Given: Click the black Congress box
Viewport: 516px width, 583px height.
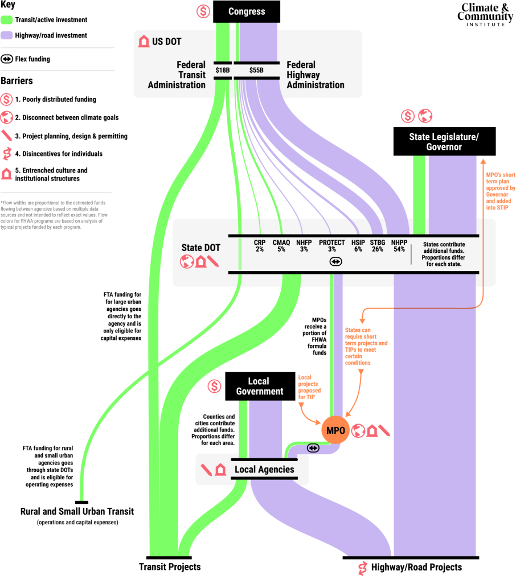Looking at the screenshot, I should pos(247,11).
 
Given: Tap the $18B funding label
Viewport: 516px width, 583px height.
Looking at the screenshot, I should pos(222,70).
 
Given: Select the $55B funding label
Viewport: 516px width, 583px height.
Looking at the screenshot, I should pos(256,70).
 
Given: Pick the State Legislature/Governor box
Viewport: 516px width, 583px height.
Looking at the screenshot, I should pos(444,141).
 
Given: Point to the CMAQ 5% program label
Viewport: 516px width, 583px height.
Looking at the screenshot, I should pos(281,246).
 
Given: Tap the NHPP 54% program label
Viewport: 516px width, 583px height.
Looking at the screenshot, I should pos(399,246).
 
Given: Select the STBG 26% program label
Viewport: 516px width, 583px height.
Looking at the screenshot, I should pos(378,246).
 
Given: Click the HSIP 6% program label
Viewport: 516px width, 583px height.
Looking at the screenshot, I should pos(358,246).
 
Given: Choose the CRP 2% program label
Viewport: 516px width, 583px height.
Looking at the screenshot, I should pos(260,246).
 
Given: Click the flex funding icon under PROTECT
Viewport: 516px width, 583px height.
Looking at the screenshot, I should pos(335,261).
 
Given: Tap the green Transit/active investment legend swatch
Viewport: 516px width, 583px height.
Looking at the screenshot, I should pos(7,19).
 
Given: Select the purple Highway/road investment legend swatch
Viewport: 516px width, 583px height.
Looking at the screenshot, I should pos(7,35).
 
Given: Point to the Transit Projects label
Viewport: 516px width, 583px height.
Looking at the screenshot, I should pos(170,567).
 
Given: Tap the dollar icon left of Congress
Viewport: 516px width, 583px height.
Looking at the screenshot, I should pos(203,11).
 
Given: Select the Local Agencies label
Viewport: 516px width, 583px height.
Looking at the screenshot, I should pos(264,470).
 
